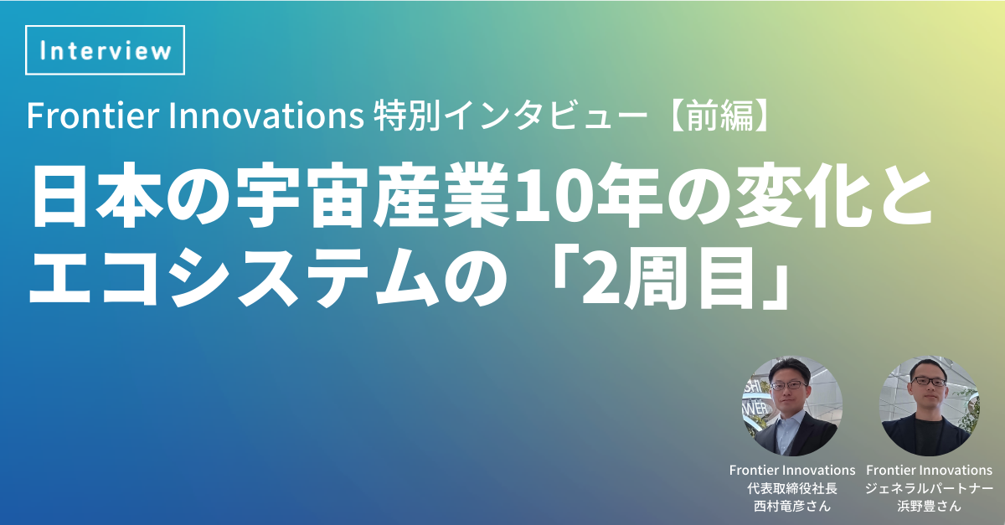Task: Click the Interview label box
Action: tap(105, 49)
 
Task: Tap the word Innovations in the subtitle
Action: tap(266, 116)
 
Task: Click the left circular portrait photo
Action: tap(792, 406)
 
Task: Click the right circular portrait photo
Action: tap(929, 406)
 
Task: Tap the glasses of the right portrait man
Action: tap(930, 383)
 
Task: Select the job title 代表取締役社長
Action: tap(792, 488)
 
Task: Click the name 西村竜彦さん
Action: tap(792, 506)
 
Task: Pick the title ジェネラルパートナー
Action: tap(929, 488)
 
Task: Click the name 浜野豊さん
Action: tap(929, 506)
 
